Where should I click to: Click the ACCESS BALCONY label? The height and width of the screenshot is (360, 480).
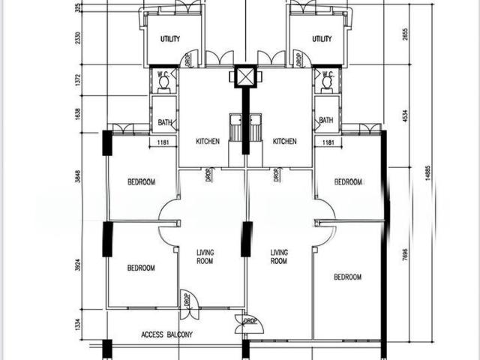coord(166,334)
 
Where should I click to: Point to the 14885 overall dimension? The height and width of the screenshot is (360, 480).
coord(427,171)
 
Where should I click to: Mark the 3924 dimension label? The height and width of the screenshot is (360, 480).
coord(77,266)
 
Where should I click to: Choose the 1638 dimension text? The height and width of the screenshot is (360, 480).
coord(77,115)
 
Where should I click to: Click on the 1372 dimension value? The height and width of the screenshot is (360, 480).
coord(77,81)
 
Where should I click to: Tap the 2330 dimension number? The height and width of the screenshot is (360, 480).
coord(77,39)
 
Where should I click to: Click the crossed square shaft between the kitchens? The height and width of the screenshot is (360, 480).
coord(245,76)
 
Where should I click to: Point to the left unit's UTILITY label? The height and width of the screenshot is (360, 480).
coord(172,40)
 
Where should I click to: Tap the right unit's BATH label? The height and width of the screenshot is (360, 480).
coord(326,121)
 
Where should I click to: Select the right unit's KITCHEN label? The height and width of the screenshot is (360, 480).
coord(284,142)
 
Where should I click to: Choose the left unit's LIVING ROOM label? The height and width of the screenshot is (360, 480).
coord(204,257)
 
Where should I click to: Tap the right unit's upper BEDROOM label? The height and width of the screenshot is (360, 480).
coord(348,182)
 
